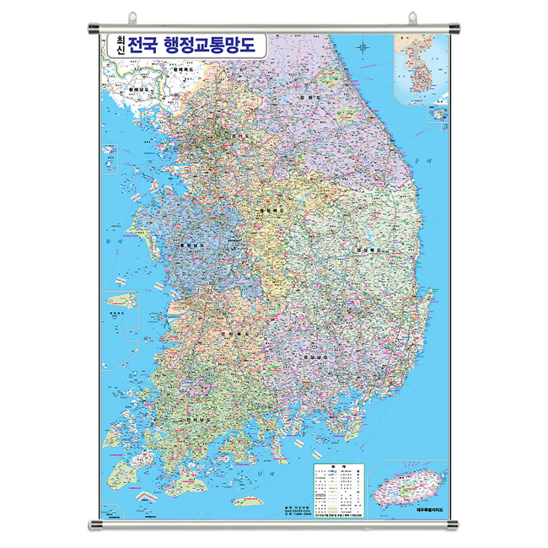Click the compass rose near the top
coord(363,47)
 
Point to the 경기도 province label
coord(239,134)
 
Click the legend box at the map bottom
coord(336,489)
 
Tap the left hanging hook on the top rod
coord(132,17)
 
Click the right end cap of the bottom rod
coord(453,526)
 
